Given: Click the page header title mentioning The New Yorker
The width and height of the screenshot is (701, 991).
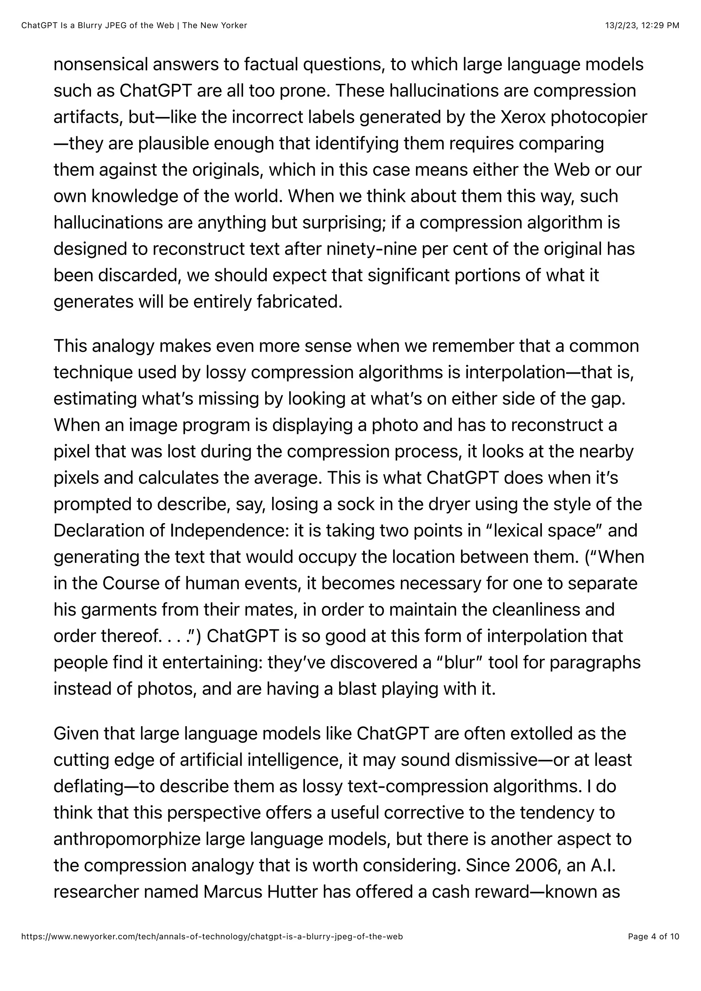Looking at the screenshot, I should point(134,25).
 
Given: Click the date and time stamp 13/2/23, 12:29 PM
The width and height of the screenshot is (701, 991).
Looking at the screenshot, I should point(642,25).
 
